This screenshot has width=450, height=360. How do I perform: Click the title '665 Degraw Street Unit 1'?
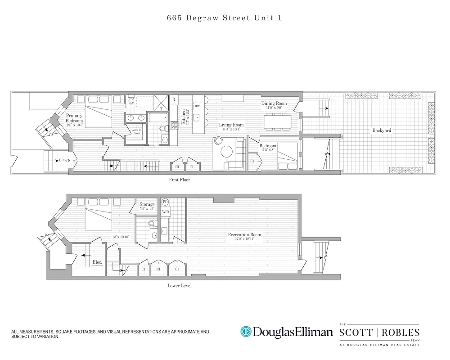[x=224, y=18]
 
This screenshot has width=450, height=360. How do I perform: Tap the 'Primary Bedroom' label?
[x=75, y=118]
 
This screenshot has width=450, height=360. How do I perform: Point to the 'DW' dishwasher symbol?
[x=197, y=106]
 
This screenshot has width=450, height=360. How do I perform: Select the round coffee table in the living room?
[x=219, y=141]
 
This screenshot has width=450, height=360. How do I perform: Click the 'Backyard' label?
[x=381, y=130]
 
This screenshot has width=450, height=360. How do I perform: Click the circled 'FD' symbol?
[x=165, y=202]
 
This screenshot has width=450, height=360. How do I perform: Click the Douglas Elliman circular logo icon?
[x=246, y=332]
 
